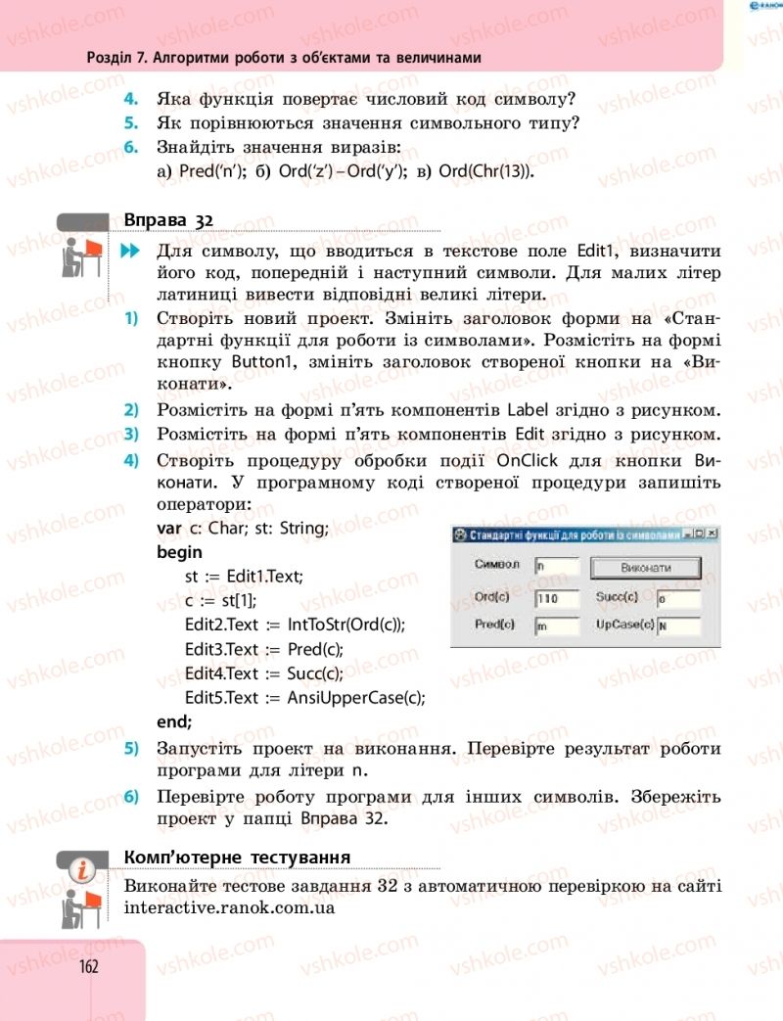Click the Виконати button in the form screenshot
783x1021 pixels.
pos(646,567)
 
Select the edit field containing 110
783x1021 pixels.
pos(557,598)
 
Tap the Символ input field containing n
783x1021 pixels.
pos(557,566)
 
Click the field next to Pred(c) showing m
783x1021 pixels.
pos(557,626)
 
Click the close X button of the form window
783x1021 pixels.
pos(712,534)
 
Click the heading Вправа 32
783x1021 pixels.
pos(168,220)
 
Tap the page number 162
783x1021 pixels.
pos(89,966)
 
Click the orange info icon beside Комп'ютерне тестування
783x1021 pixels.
pos(86,866)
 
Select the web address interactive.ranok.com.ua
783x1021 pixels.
pos(230,907)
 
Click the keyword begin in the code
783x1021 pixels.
pos(179,552)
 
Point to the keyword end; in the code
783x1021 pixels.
pos(174,721)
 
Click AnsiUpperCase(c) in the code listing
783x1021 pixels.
pos(357,698)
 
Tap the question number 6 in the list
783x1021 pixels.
pos(130,148)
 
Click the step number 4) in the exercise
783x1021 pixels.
pos(130,461)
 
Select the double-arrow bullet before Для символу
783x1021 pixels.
pos(130,253)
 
